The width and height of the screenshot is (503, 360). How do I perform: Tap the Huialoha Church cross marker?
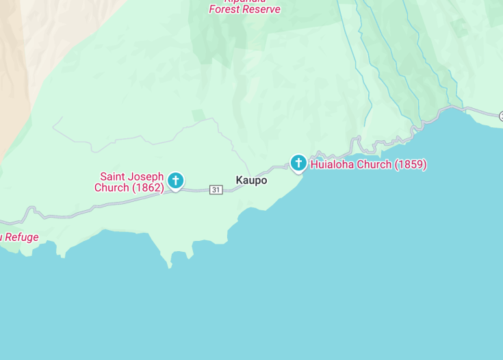click(x=298, y=163)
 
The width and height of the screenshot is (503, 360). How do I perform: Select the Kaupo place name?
click(x=251, y=181)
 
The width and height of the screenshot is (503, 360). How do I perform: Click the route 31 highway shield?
click(x=216, y=190)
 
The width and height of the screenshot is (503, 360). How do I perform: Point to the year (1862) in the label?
click(x=148, y=188)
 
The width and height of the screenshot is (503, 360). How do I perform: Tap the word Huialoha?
click(x=333, y=165)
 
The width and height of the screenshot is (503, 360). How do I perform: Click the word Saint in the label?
click(x=113, y=177)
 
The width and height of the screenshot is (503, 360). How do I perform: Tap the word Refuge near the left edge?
click(x=22, y=237)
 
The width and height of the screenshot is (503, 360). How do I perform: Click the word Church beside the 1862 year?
click(x=111, y=188)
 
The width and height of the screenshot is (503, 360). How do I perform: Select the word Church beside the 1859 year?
click(x=377, y=165)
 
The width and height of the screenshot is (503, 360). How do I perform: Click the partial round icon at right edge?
click(x=500, y=116)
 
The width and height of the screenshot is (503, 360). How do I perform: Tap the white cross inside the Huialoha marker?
click(x=298, y=162)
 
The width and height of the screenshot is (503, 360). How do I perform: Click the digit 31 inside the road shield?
click(x=216, y=190)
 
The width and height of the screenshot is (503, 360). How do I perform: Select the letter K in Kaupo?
click(x=240, y=181)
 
